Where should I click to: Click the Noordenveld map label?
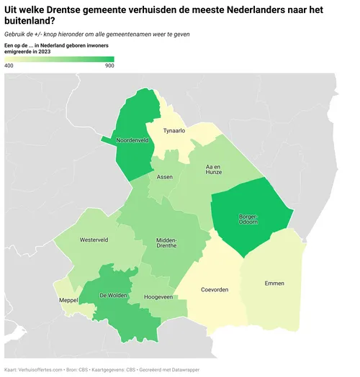132,141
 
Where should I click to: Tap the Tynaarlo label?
174,131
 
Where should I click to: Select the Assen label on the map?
165,176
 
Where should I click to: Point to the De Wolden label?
114,295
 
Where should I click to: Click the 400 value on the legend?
9,66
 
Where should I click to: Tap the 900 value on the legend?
109,66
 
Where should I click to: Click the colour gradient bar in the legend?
59,58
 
